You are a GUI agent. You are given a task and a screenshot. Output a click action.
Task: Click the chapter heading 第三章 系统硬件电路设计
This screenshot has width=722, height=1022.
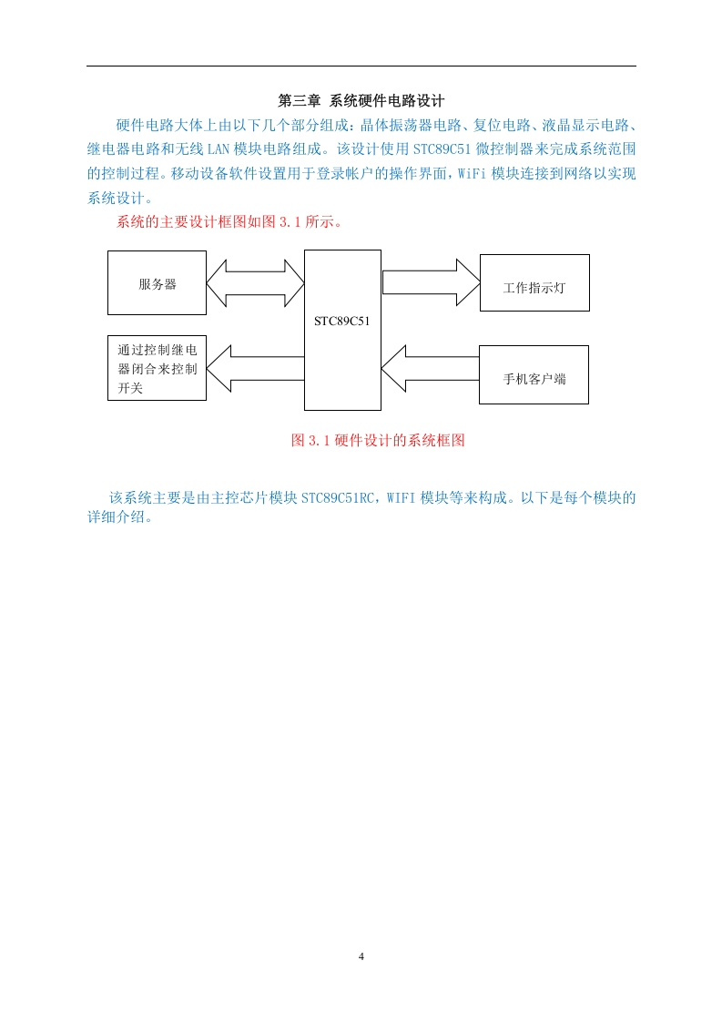(361, 100)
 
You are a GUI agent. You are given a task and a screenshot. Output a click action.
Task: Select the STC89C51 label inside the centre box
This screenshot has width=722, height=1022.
(342, 321)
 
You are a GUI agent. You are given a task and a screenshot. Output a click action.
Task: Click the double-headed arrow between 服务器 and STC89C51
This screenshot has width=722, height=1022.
(256, 283)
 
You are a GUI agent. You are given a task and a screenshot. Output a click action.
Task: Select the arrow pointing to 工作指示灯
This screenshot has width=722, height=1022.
(431, 282)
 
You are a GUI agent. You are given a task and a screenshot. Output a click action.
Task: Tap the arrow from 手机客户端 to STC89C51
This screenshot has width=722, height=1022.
(430, 369)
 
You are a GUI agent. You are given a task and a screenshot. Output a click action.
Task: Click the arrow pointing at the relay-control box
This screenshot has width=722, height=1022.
(256, 368)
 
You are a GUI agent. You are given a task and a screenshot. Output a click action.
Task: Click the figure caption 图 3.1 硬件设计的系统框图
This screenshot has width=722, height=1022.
(378, 440)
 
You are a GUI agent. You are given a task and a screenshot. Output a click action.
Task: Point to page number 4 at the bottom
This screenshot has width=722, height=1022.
(361, 956)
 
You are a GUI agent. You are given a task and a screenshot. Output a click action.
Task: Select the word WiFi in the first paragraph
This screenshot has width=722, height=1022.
(472, 173)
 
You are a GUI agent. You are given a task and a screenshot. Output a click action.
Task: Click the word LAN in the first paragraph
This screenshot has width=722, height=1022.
(219, 149)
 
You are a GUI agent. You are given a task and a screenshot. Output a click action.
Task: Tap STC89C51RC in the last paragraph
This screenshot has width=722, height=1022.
(338, 498)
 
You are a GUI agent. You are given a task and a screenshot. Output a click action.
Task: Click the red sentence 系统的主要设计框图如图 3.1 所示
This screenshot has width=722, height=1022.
(229, 221)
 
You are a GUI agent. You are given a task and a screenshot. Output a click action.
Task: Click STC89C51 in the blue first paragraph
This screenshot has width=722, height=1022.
(442, 149)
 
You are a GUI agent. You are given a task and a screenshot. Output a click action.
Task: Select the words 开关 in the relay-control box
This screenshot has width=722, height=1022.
(130, 388)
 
